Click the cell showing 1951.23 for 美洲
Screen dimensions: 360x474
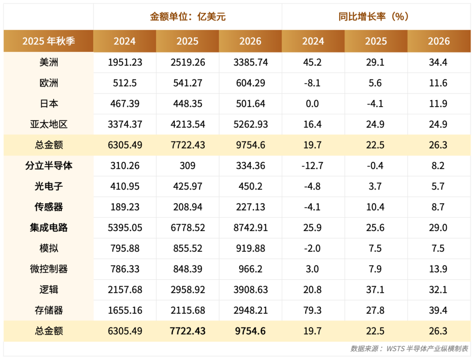pyautogui.click(x=125, y=62)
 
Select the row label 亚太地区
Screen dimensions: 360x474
pyautogui.click(x=49, y=125)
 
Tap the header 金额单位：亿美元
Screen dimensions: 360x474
pyautogui.click(x=188, y=17)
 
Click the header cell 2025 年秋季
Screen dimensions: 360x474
pyautogui.click(x=49, y=41)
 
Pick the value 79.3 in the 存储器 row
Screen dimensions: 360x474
pyautogui.click(x=313, y=310)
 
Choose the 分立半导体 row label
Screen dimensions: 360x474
pyautogui.click(x=49, y=166)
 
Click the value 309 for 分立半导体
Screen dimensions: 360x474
pyautogui.click(x=188, y=166)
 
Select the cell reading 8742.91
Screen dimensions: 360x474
pyautogui.click(x=250, y=228)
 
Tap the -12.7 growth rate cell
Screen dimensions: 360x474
pyautogui.click(x=313, y=166)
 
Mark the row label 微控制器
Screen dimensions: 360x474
pyautogui.click(x=49, y=269)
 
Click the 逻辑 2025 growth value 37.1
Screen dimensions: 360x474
pyautogui.click(x=376, y=290)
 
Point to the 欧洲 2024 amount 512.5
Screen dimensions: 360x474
pyautogui.click(x=125, y=83)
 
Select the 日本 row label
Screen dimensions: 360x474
pyautogui.click(x=49, y=104)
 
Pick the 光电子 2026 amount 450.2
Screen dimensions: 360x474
pyautogui.click(x=250, y=186)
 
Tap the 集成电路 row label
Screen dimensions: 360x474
pyautogui.click(x=49, y=228)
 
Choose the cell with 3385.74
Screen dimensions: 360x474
pyautogui.click(x=250, y=62)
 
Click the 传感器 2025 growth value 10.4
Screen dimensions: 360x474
pyautogui.click(x=376, y=207)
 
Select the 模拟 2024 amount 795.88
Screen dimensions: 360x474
pyautogui.click(x=125, y=248)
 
